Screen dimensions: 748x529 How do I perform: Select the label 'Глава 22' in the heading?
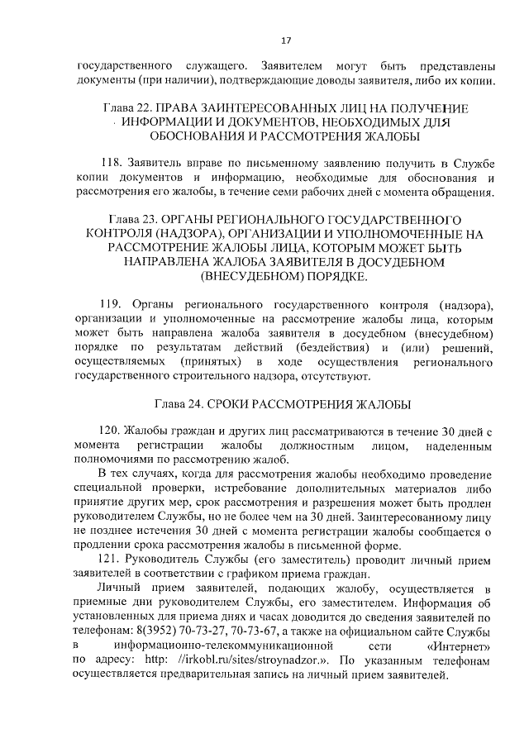[x=128, y=108]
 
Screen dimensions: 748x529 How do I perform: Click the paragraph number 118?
[x=109, y=165]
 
